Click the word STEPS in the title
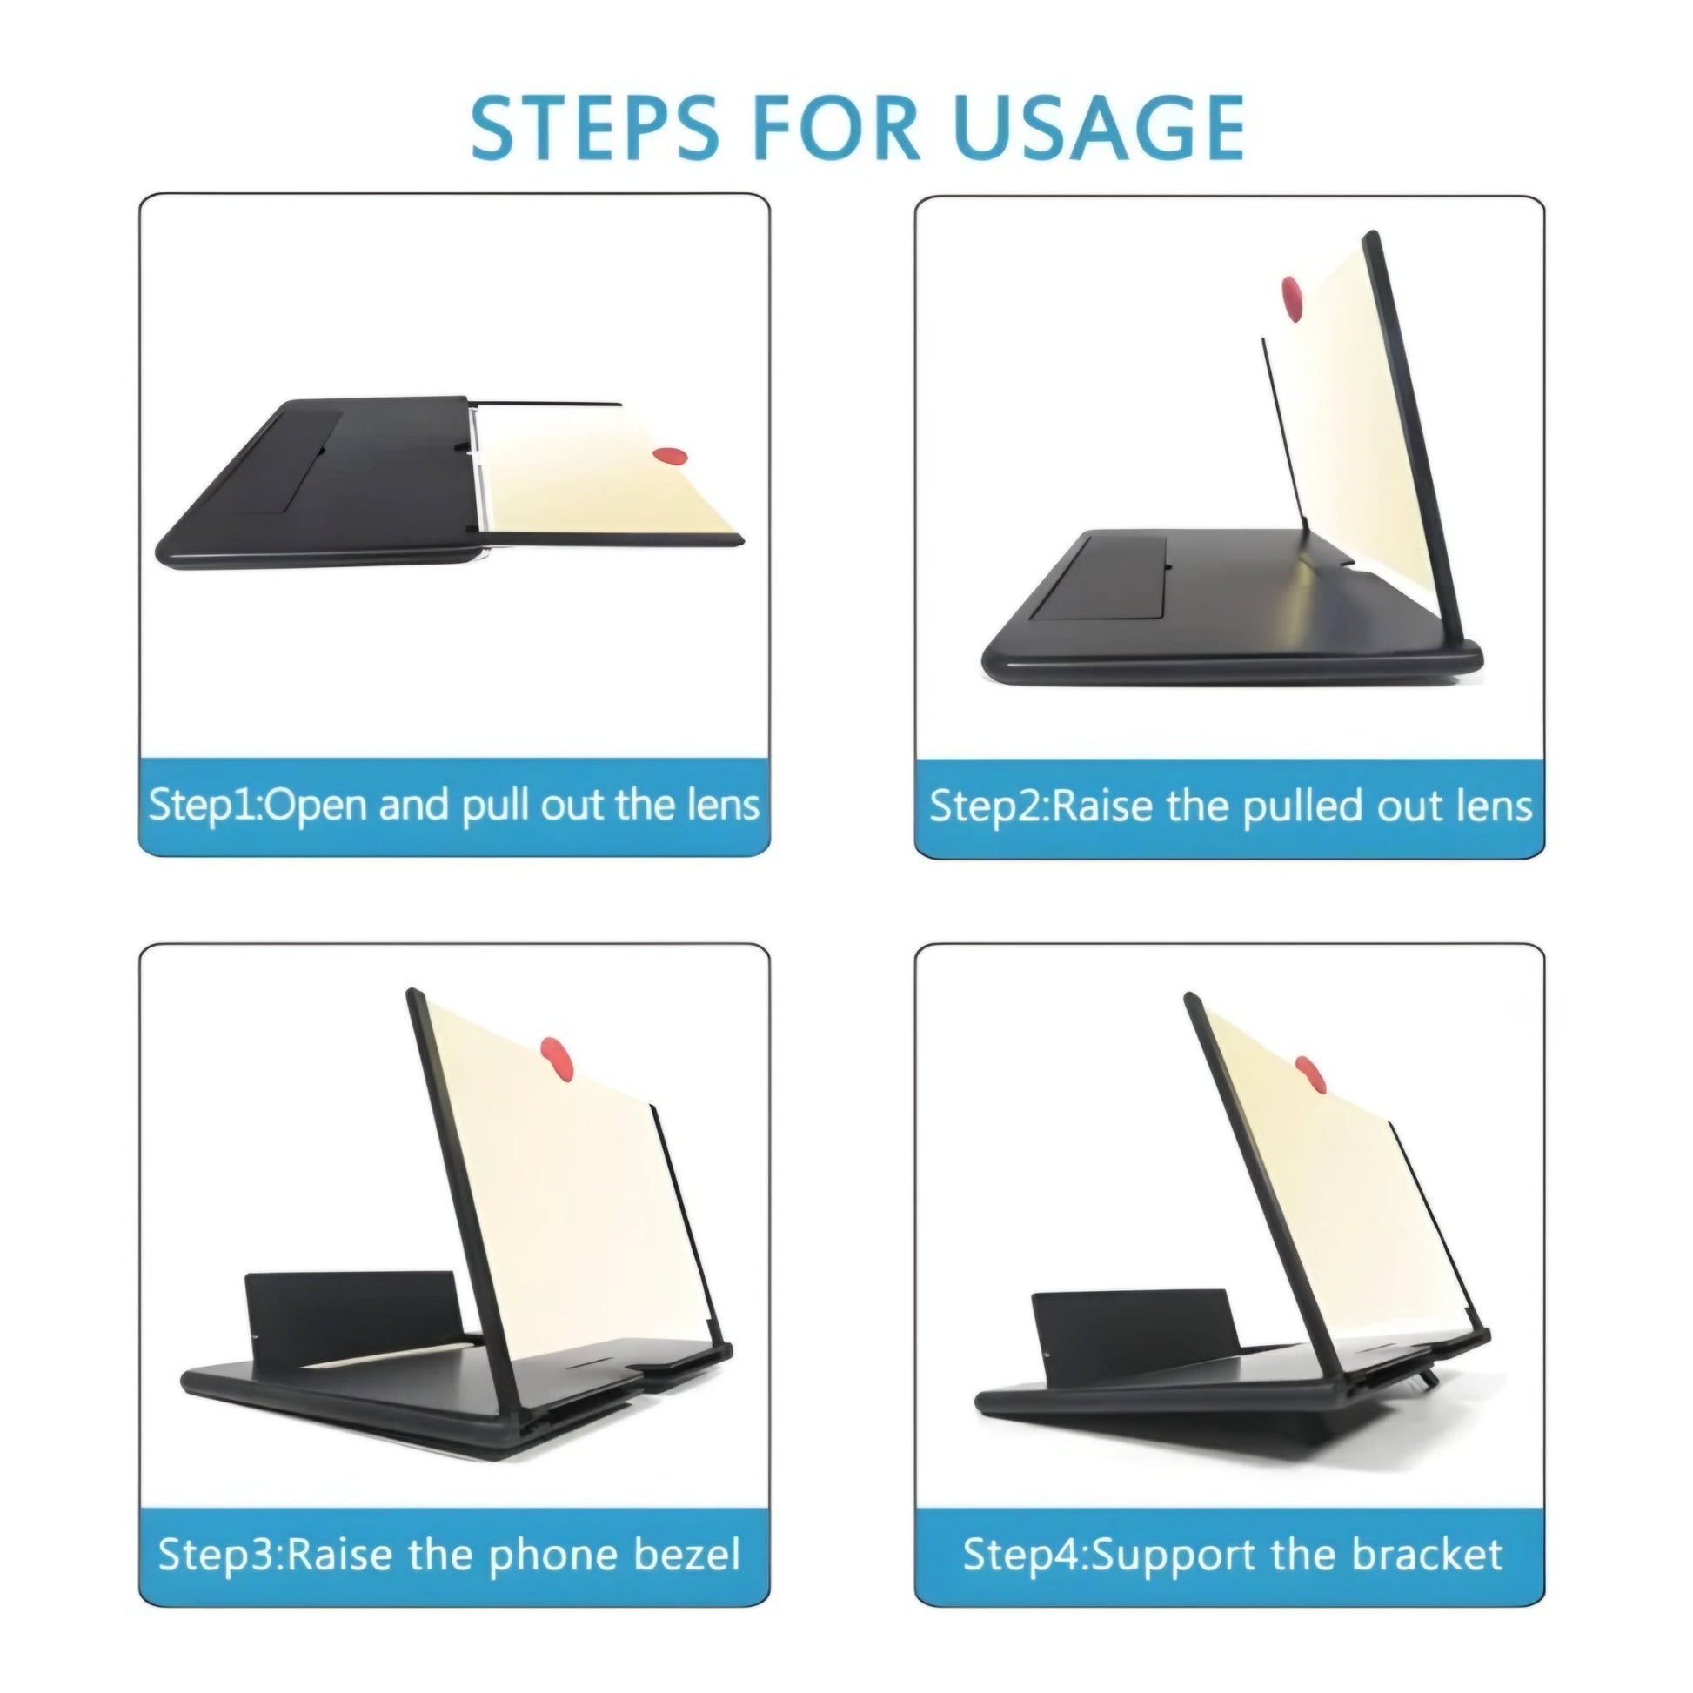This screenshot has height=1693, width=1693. click(595, 128)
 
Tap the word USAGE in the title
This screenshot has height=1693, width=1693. click(1099, 128)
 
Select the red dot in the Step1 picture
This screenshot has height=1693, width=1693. click(671, 456)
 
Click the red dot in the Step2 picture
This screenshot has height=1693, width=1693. click(1292, 298)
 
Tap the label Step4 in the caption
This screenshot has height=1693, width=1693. click(1021, 1554)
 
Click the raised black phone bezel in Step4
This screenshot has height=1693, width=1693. click(1134, 1335)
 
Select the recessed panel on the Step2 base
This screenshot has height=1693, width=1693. click(1099, 579)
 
